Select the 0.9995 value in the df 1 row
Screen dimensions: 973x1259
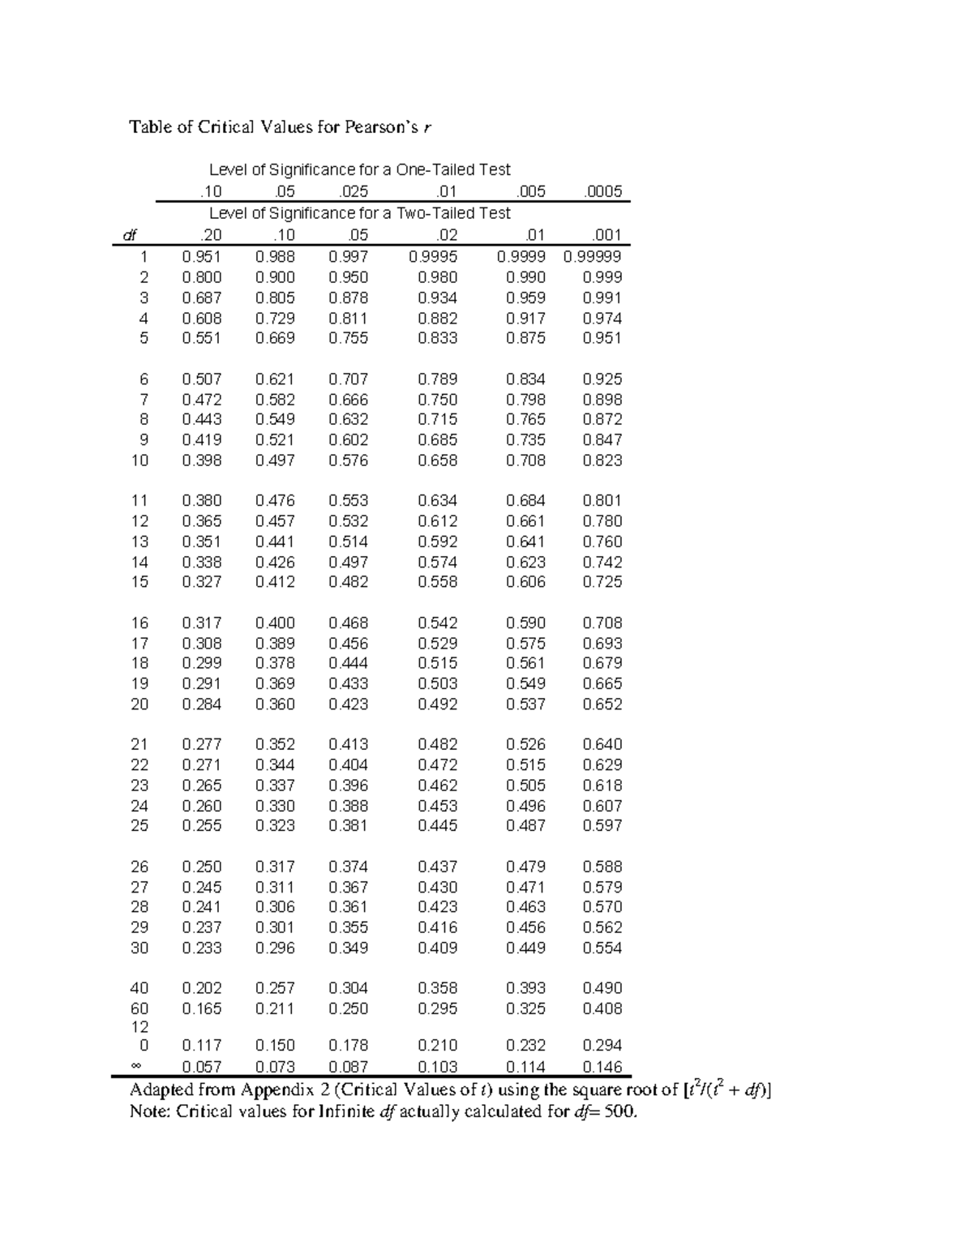pyautogui.click(x=433, y=256)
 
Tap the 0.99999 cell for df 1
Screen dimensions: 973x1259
pyautogui.click(x=593, y=256)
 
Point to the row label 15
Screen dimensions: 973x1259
pyautogui.click(x=139, y=582)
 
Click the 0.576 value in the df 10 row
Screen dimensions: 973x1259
pyautogui.click(x=348, y=460)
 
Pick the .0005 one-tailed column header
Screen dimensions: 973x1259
pyautogui.click(x=602, y=191)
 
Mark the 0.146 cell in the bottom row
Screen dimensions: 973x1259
pyautogui.click(x=602, y=1067)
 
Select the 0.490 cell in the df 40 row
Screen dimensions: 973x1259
pyautogui.click(x=602, y=988)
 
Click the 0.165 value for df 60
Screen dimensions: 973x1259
pyautogui.click(x=202, y=1008)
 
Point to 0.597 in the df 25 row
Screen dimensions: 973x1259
pyautogui.click(x=602, y=825)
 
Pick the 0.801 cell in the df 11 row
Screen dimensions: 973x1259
pyautogui.click(x=602, y=501)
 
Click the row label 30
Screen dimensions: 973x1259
pyautogui.click(x=139, y=948)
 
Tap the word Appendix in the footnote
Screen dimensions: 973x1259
pyautogui.click(x=276, y=1090)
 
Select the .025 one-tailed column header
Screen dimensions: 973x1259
pyautogui.click(x=353, y=191)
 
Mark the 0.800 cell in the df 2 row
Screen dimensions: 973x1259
pyautogui.click(x=202, y=277)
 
